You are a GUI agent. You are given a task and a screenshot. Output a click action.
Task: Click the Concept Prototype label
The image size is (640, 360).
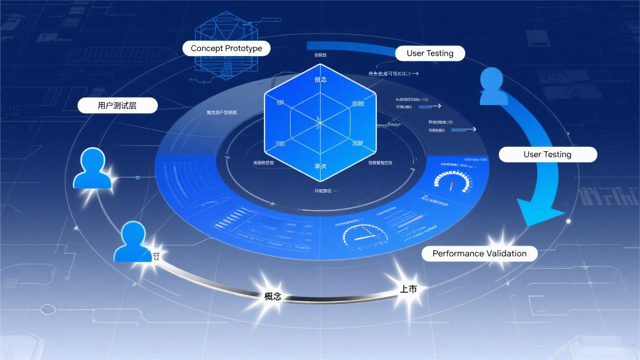tap(226, 48)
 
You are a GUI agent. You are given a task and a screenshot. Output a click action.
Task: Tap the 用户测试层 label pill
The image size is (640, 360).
tap(117, 105)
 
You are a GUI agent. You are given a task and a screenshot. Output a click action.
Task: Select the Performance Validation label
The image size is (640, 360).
tap(479, 253)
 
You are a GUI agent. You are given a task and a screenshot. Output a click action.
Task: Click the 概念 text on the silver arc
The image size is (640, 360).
tap(273, 296)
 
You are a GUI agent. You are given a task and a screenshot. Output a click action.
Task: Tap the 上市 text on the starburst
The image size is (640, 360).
tap(408, 289)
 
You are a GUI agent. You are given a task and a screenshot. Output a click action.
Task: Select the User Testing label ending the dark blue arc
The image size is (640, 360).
tap(430, 53)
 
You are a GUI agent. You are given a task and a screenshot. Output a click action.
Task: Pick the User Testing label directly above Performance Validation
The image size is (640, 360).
tap(547, 155)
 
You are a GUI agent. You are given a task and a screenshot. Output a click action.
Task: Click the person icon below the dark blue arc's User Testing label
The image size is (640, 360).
tap(493, 87)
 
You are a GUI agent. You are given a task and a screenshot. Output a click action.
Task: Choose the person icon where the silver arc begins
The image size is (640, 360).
tap(133, 242)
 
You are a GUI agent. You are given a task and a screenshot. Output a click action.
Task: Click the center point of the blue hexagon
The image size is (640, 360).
tap(320, 122)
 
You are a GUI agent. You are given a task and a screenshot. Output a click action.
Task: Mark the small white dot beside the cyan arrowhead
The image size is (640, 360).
tap(568, 221)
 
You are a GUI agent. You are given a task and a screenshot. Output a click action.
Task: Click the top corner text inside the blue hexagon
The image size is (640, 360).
tap(320, 79)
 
